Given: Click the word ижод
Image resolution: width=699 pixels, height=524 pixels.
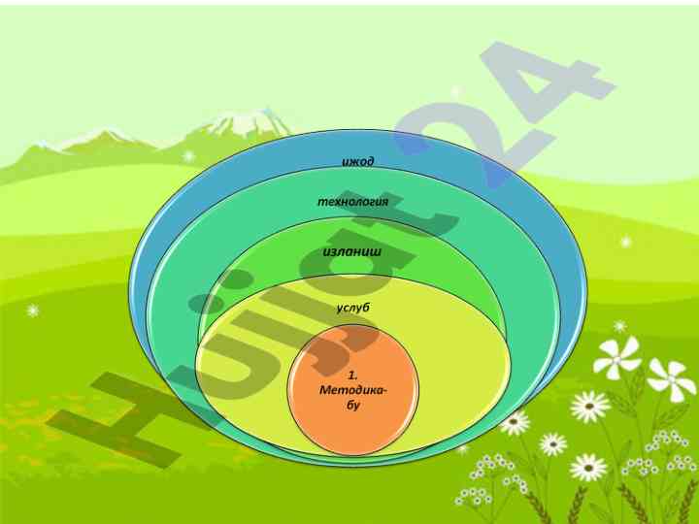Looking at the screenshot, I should (358, 160).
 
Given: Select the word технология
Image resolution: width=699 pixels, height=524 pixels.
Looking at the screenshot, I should (353, 201).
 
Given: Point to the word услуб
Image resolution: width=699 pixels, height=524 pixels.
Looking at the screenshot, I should (353, 308).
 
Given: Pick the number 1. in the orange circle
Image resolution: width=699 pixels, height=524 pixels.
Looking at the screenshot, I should (353, 374).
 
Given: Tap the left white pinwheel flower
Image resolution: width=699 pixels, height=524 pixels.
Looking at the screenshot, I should (617, 356).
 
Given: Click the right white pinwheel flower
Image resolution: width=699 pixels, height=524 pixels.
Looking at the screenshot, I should (671, 377).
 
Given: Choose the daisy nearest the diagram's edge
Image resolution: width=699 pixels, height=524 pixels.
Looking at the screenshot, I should (515, 422).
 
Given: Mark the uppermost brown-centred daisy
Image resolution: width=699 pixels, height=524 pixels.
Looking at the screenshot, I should (589, 406).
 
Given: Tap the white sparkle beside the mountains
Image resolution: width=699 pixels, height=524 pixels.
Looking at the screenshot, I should (188, 155).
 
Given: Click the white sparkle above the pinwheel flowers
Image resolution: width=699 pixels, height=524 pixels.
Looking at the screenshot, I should (620, 326).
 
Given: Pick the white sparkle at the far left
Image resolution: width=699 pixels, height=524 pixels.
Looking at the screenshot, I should (32, 311).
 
